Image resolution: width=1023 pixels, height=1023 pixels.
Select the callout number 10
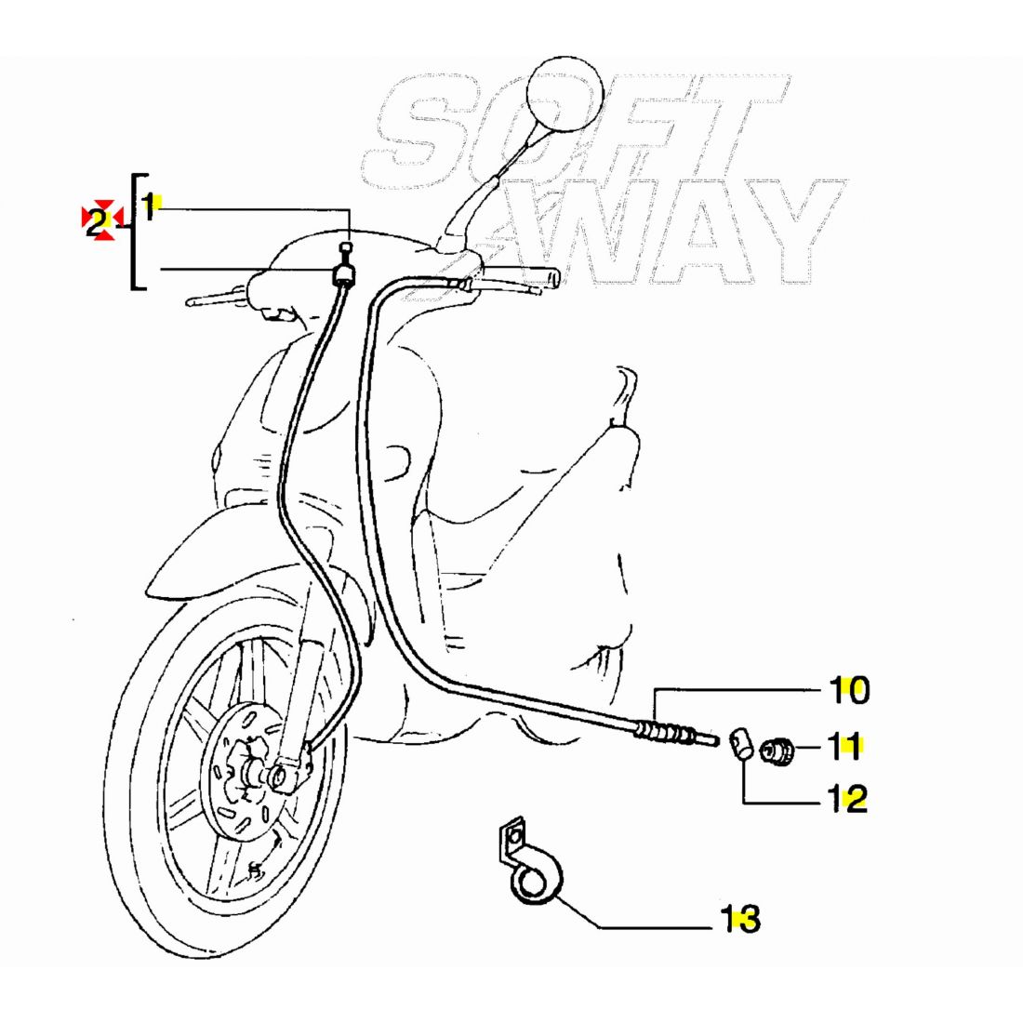click(849, 691)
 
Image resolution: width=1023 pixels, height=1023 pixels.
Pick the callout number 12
click(848, 798)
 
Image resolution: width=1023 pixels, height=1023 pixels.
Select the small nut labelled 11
click(777, 750)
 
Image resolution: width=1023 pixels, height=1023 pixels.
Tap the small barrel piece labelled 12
click(740, 744)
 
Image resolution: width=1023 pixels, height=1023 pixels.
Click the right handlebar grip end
click(554, 278)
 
